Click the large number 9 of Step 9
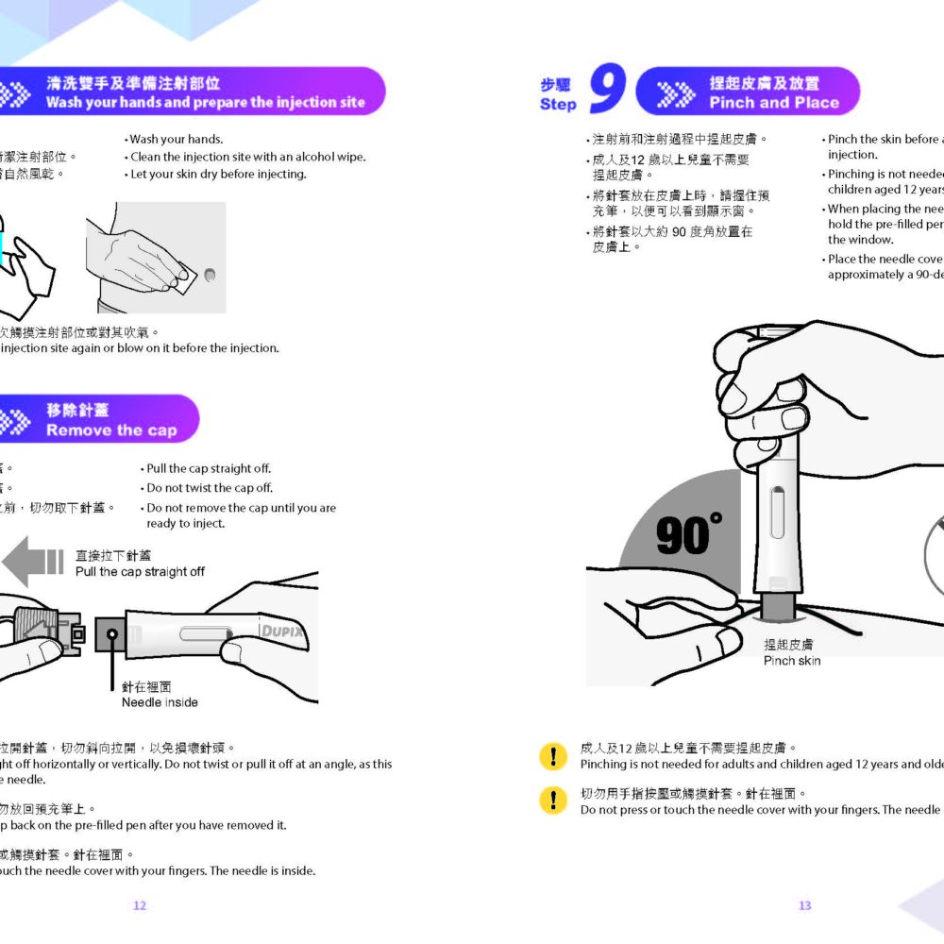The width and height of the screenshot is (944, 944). point(607,90)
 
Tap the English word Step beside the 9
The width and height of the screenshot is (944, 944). point(558,104)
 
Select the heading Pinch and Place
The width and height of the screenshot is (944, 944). point(773,103)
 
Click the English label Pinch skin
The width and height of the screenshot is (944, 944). point(791,661)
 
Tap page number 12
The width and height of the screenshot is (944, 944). point(139,905)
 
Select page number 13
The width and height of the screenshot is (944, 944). point(804,905)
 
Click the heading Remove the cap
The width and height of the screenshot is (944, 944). point(111,430)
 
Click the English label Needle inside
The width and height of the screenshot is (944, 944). point(160,702)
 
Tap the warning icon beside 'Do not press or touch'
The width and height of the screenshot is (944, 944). point(551,801)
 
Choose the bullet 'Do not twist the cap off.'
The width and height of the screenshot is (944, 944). point(209,488)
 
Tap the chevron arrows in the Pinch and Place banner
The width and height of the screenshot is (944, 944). point(674,93)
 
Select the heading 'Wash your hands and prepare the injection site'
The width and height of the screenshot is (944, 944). point(205,103)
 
